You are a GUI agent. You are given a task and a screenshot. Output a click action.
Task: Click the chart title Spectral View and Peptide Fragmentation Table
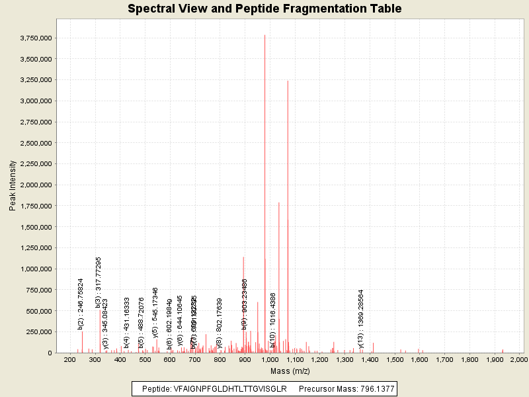264,9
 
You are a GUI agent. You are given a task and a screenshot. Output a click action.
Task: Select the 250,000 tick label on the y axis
38,332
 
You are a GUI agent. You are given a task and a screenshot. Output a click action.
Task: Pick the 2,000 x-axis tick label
520,359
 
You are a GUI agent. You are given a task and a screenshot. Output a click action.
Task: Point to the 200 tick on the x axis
69,359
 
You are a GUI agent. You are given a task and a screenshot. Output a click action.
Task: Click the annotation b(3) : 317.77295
99,283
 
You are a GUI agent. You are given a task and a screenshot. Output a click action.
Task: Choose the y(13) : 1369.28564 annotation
361,318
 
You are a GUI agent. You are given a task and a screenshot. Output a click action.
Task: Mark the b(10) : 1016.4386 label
272,320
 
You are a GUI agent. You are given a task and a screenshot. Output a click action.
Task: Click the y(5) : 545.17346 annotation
155,312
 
